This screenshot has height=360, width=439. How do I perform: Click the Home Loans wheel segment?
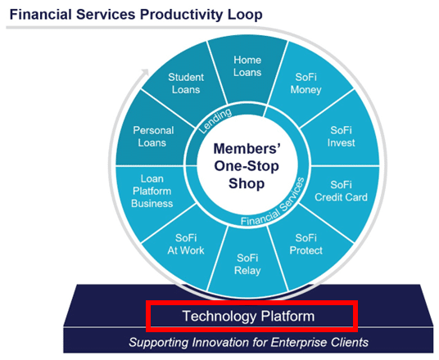(x=247, y=65)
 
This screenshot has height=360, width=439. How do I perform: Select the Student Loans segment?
(x=186, y=83)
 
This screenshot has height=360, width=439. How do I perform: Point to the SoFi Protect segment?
(x=306, y=244)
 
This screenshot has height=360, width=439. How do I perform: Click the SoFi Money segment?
(x=308, y=83)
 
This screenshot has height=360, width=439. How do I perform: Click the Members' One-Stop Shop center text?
(x=247, y=164)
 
